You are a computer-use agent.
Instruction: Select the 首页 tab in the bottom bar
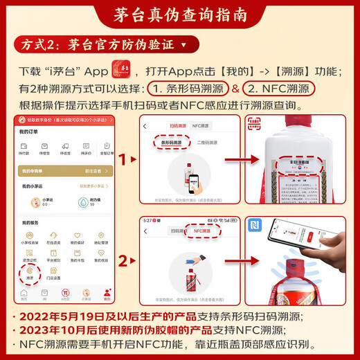click(x=24, y=294)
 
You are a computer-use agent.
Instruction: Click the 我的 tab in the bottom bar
click(x=107, y=294)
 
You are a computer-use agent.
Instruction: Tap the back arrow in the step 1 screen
click(x=145, y=126)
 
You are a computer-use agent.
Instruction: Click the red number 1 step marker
click(x=124, y=160)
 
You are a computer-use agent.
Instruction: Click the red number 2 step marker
click(x=124, y=261)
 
